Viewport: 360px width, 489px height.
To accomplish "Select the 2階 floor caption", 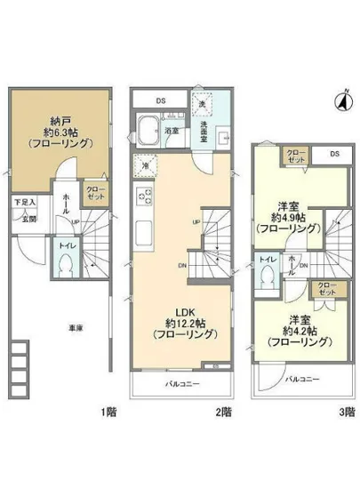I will point(226,411).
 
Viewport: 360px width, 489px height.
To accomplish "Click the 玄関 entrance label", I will point(29,218).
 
